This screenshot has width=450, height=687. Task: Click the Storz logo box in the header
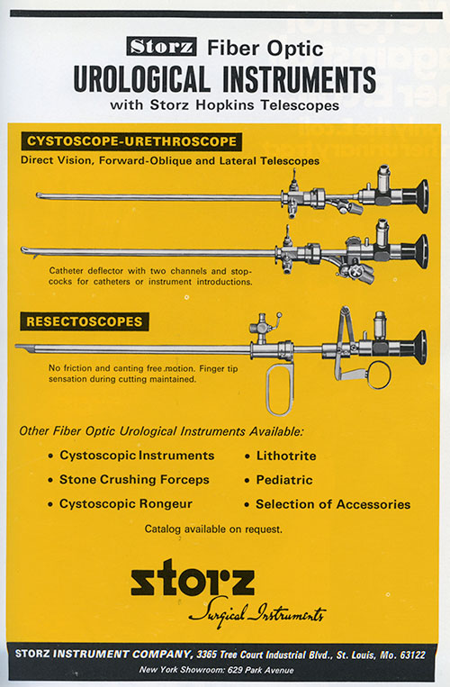[x=161, y=47]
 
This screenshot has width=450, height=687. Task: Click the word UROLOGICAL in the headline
[x=141, y=79]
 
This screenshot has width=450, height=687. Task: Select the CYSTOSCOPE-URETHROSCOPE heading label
[x=131, y=141]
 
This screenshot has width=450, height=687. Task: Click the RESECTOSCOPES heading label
[x=85, y=321]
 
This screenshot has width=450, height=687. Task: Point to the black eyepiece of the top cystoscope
[x=415, y=196]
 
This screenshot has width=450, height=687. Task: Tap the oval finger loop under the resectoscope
[x=280, y=389]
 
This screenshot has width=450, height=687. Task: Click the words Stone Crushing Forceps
[x=134, y=480]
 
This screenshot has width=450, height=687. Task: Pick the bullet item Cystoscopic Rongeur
[x=126, y=504]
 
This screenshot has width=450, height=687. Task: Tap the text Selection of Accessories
[x=333, y=504]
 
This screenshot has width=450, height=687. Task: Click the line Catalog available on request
[x=213, y=529]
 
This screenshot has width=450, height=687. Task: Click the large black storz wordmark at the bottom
[x=193, y=577]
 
